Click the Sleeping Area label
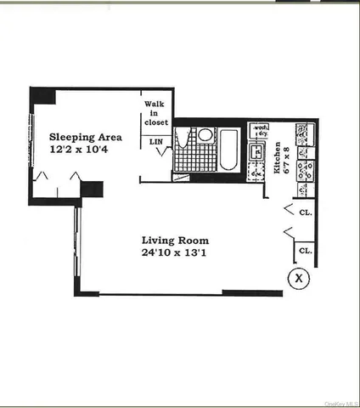coord(85,137)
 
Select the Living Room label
coord(175,240)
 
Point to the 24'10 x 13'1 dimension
coord(175,252)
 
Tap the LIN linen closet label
coord(156,142)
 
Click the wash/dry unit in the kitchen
coord(258,132)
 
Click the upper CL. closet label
coord(305,212)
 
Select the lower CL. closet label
coord(305,252)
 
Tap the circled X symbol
coord(298,277)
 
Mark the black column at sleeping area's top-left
coord(43,95)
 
